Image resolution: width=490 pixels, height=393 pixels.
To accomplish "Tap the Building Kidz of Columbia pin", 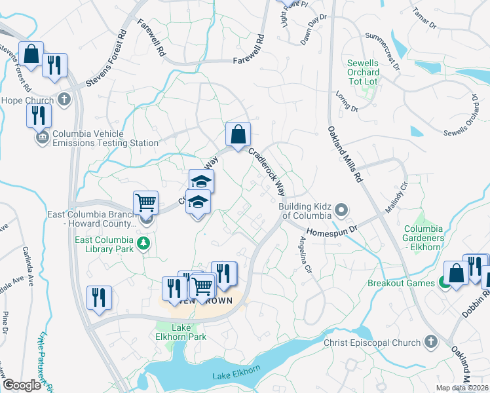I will click(341, 210).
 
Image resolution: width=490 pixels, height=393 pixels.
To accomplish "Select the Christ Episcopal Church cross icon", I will click(430, 341).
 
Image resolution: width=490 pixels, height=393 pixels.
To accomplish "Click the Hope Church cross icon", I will click(63, 100).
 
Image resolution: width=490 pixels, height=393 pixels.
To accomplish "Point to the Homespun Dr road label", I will click(330, 231).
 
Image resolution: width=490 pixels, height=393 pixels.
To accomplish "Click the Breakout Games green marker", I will click(443, 283).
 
